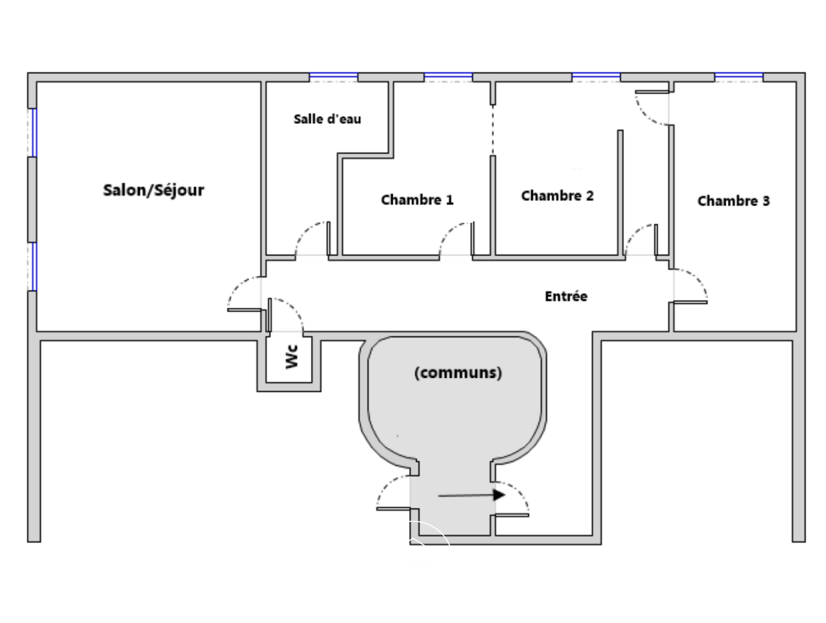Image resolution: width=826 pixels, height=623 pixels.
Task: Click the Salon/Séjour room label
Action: coord(153,190)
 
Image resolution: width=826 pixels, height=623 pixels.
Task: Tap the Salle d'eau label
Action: coord(327,119)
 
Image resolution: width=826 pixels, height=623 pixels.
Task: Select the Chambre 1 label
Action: coord(417,200)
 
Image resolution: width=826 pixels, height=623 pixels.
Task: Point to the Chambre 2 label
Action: coord(557,196)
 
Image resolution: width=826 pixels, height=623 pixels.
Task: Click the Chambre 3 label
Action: coord(733,201)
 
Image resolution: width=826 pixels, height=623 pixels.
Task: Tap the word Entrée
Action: coord(566,296)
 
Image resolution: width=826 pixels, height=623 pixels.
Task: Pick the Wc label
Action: coord(292,357)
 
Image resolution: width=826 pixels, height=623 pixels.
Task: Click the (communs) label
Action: coord(458,373)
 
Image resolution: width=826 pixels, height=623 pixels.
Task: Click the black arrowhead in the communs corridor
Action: coord(499,495)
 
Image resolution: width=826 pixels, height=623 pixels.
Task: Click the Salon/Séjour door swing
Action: coord(244,293)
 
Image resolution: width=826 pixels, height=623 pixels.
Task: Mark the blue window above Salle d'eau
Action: coord(333,77)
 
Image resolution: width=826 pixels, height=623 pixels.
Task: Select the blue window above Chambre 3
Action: coord(739,77)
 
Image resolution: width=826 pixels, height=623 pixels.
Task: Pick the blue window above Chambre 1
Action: coord(448,77)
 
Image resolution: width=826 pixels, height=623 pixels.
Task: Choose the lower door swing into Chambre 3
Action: coord(691,285)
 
